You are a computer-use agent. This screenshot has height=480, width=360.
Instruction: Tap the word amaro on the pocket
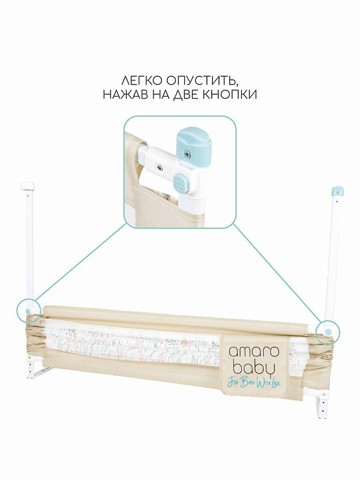[254, 352]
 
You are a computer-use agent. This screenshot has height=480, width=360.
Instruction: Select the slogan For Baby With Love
[254, 383]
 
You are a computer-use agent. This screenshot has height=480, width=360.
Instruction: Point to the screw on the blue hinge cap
[187, 155]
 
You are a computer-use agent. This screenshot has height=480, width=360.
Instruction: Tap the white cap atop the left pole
[28, 186]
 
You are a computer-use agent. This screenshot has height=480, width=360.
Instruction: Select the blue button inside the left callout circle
[28, 311]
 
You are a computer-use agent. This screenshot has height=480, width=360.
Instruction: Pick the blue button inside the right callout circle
[328, 332]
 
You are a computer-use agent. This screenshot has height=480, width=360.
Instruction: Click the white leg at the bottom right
[322, 406]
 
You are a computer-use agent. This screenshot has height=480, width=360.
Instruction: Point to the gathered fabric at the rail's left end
[34, 336]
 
